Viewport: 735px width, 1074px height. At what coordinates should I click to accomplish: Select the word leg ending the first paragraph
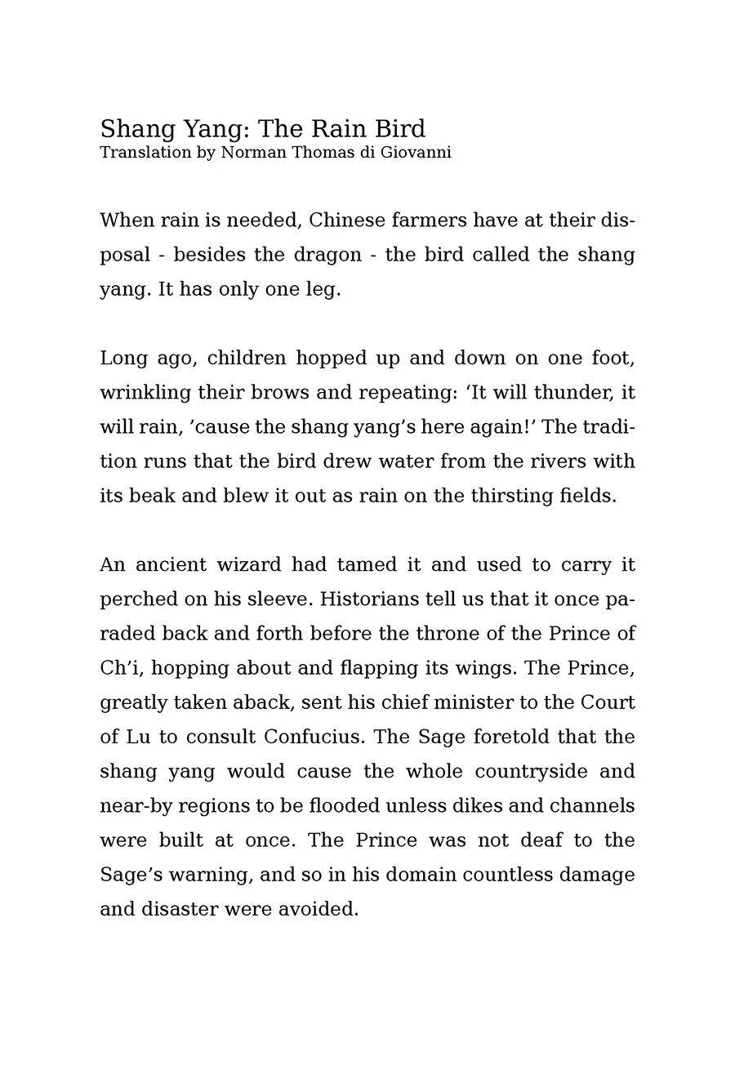(x=324, y=290)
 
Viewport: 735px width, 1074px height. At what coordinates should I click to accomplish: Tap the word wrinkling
(x=145, y=393)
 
